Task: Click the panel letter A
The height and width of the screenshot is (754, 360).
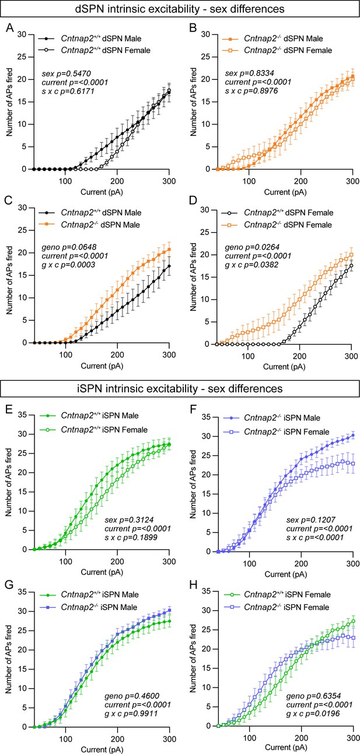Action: point(10,27)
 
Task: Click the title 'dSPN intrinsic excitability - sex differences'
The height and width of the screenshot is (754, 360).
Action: point(180,9)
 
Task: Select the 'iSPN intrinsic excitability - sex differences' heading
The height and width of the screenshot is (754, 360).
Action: point(180,388)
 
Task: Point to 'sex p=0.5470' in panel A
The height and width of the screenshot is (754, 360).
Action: point(67,73)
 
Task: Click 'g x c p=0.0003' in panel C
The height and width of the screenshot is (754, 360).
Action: point(69,265)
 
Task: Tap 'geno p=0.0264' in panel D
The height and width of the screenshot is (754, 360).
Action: point(252,247)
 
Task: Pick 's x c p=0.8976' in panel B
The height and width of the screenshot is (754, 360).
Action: point(251,91)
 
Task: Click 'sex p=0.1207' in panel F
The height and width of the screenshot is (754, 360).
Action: point(311,520)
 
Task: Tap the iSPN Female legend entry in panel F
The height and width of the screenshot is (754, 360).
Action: point(276,432)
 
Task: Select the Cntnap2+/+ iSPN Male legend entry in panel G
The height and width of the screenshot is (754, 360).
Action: point(88,594)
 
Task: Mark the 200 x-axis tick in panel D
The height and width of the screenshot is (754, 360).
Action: point(300,356)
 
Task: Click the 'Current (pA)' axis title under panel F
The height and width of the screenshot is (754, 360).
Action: point(285,574)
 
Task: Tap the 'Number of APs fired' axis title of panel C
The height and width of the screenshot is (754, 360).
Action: point(9,280)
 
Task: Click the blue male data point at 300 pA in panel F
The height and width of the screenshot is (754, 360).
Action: point(353,435)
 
